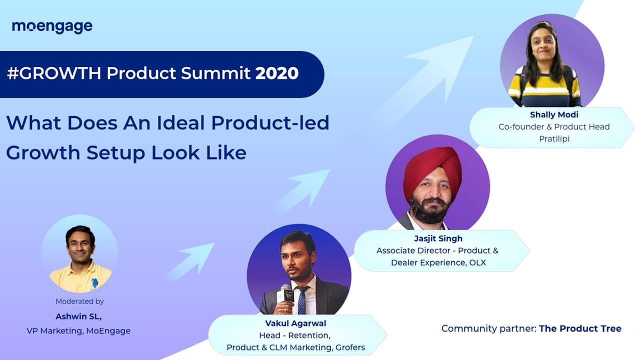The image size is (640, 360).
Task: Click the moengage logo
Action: coord(52,27)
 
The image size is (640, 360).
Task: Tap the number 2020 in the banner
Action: coord(277,73)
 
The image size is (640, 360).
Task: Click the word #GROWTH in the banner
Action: coord(54,73)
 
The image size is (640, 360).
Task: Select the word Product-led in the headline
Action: coord(270,123)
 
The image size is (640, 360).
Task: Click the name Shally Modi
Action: coord(554,114)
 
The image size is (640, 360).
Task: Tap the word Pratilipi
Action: coord(554,139)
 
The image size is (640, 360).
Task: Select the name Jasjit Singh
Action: coord(438,238)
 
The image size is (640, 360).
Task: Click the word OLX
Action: coord(477,262)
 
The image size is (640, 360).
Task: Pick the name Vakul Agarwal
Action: coord(295,323)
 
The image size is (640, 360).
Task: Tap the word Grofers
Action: coord(350,347)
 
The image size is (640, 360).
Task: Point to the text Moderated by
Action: coord(79,301)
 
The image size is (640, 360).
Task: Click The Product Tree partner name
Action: coord(580,328)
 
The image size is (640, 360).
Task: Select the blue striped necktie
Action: coord(302,300)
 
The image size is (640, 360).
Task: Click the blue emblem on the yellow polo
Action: coord(94,283)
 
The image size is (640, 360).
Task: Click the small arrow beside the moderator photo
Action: coord(191,261)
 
